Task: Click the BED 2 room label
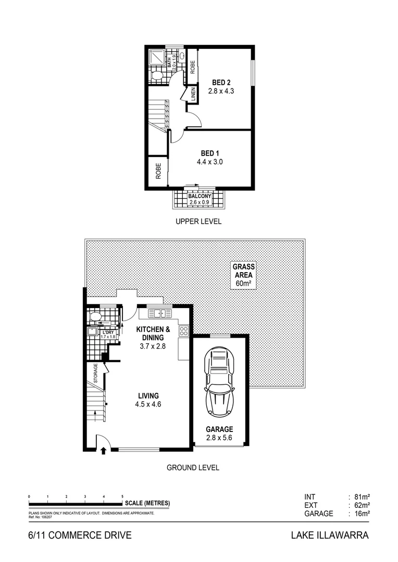tap(221, 82)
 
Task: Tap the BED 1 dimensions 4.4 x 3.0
tap(210, 162)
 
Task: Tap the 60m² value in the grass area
tap(243, 284)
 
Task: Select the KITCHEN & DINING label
tap(153, 333)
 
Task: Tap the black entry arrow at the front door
tap(103, 452)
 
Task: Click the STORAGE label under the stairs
tap(96, 374)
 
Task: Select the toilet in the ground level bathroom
tap(95, 316)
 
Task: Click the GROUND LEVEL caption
tap(193, 467)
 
